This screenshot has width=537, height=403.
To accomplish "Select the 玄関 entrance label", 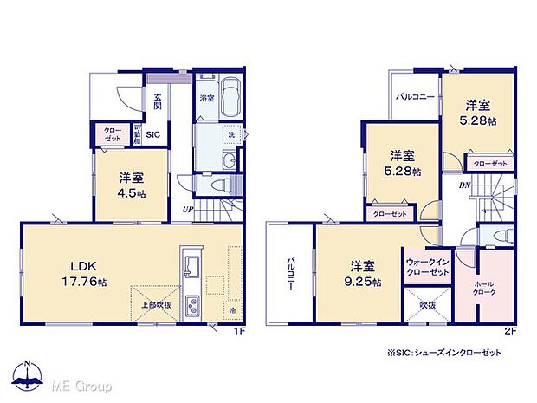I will [x=159, y=102].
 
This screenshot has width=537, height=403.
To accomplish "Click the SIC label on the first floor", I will [x=152, y=134].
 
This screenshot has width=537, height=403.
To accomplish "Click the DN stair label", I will [x=465, y=185].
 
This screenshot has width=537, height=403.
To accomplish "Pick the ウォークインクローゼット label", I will [x=428, y=267].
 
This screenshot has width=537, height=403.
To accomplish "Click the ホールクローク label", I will [x=485, y=289].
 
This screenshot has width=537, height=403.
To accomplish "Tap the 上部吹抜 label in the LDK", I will [x=156, y=304].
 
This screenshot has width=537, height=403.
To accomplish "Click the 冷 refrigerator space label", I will [x=233, y=309].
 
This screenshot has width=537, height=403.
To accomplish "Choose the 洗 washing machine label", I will [x=231, y=135].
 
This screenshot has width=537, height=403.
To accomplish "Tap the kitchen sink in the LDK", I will [x=191, y=264].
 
